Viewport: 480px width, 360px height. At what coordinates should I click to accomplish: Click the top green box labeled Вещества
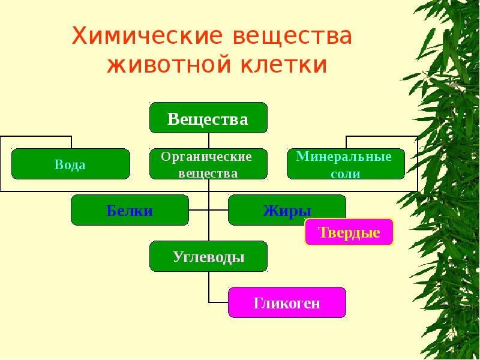click(x=208, y=118)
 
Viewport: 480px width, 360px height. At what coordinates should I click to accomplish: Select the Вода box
click(x=70, y=164)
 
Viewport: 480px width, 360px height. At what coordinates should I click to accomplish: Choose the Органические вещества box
click(x=208, y=164)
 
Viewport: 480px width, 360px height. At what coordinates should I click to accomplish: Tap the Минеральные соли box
click(x=346, y=164)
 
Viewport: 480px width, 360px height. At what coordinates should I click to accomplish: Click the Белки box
click(x=130, y=211)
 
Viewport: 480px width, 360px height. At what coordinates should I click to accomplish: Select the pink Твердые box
click(x=349, y=232)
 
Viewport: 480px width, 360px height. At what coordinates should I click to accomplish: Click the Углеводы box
click(x=208, y=257)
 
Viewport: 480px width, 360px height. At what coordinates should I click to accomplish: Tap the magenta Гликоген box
click(x=287, y=302)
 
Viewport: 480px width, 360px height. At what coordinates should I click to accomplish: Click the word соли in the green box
click(x=346, y=174)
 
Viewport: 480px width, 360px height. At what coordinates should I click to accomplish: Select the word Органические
click(x=206, y=157)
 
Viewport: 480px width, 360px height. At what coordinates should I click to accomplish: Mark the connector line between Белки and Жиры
click(x=208, y=210)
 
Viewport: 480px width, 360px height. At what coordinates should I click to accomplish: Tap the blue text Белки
click(x=130, y=211)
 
